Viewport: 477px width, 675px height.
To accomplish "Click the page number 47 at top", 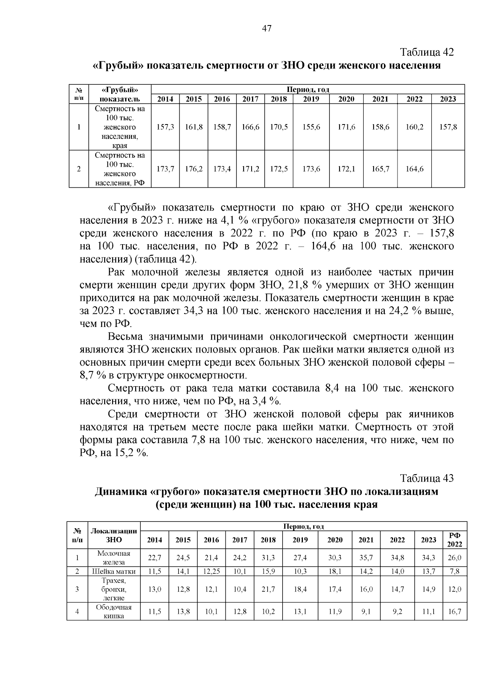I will [267, 28].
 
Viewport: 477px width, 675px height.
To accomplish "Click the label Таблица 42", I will [427, 53].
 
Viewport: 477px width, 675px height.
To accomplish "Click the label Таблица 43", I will [427, 478].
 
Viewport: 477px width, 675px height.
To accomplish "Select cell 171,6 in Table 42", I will [346, 127].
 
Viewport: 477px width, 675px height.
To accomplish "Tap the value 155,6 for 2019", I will [311, 127].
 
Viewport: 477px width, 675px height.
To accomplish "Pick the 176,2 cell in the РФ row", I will [194, 169].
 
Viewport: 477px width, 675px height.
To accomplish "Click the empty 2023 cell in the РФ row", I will [448, 169].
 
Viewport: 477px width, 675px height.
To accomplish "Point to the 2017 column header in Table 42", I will [250, 99].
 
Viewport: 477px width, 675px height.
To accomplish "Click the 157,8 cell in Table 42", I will [448, 127].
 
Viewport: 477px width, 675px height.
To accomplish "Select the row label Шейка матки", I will [114, 572].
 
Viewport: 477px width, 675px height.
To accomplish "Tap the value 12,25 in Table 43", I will [211, 572].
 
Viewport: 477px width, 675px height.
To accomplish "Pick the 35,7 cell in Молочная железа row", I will [366, 558].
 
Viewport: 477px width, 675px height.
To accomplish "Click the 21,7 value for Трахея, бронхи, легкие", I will [268, 589].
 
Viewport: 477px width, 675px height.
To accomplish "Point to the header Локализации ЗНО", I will [114, 535].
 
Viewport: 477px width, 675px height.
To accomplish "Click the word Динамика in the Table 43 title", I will [120, 492].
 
